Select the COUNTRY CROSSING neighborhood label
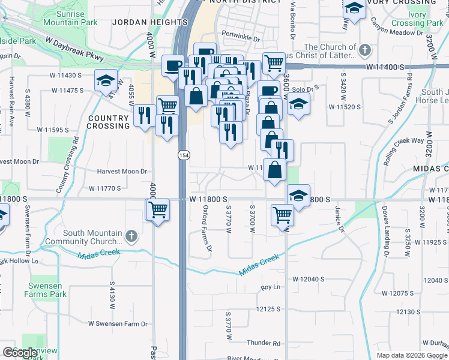tap(108, 122)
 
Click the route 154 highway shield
tap(183, 155)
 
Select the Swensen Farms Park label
tap(45, 290)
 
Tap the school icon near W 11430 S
tap(106, 80)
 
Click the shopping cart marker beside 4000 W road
tap(158, 209)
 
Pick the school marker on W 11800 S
tap(298, 195)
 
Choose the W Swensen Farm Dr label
tap(118, 323)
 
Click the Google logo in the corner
tap(20, 352)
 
